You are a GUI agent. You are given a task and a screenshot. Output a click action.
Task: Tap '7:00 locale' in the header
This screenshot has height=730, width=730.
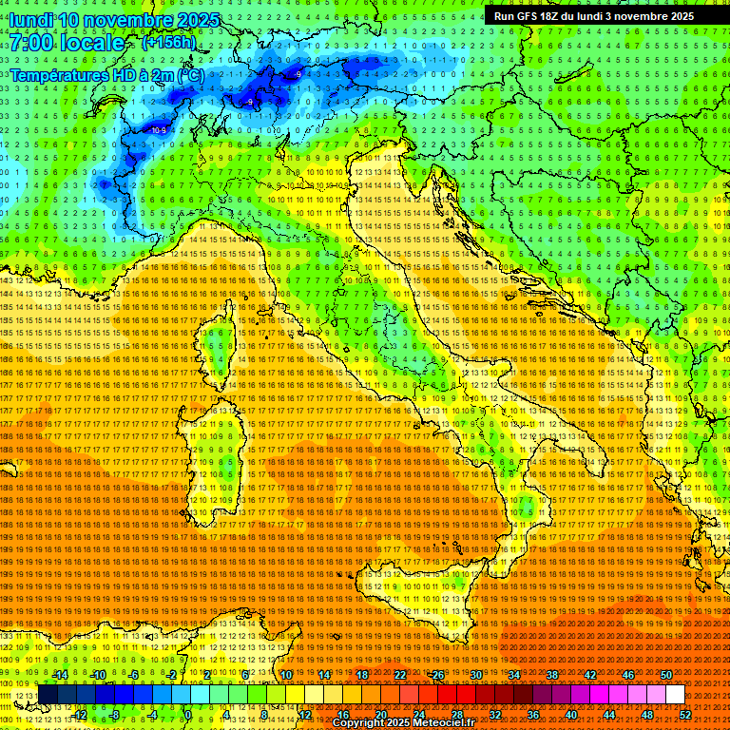67,43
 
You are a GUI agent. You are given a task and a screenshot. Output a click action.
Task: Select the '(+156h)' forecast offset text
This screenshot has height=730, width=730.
168,42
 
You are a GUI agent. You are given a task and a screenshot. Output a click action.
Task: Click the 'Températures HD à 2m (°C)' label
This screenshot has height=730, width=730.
107,74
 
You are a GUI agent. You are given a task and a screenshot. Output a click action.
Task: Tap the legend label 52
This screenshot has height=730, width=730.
685,714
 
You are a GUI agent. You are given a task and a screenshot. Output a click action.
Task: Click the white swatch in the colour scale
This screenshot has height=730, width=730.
675,694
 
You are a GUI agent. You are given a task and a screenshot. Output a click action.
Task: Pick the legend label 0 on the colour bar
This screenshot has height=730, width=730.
188,714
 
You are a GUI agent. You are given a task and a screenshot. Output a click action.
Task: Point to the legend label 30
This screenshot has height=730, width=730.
476,674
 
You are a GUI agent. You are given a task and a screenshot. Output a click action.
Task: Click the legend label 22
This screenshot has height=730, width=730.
400,674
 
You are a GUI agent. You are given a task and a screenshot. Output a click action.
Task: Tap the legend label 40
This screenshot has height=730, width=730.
571,714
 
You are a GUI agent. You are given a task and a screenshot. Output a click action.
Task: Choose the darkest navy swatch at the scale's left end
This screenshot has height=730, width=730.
48,694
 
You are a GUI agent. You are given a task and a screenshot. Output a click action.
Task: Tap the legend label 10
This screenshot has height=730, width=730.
286,674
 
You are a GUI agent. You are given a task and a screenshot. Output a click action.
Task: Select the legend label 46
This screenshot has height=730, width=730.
628,674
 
